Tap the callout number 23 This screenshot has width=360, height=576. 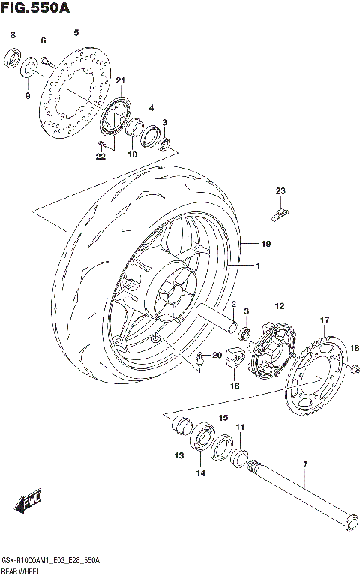280,191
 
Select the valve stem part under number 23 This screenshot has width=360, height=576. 278,215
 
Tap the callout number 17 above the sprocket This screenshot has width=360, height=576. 325,320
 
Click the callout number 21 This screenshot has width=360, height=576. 120,81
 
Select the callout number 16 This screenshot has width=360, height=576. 234,386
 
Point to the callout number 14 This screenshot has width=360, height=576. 200,473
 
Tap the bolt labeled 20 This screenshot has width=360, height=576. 201,363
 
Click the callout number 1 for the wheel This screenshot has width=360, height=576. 256,266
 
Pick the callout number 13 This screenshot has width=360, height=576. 178,454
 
